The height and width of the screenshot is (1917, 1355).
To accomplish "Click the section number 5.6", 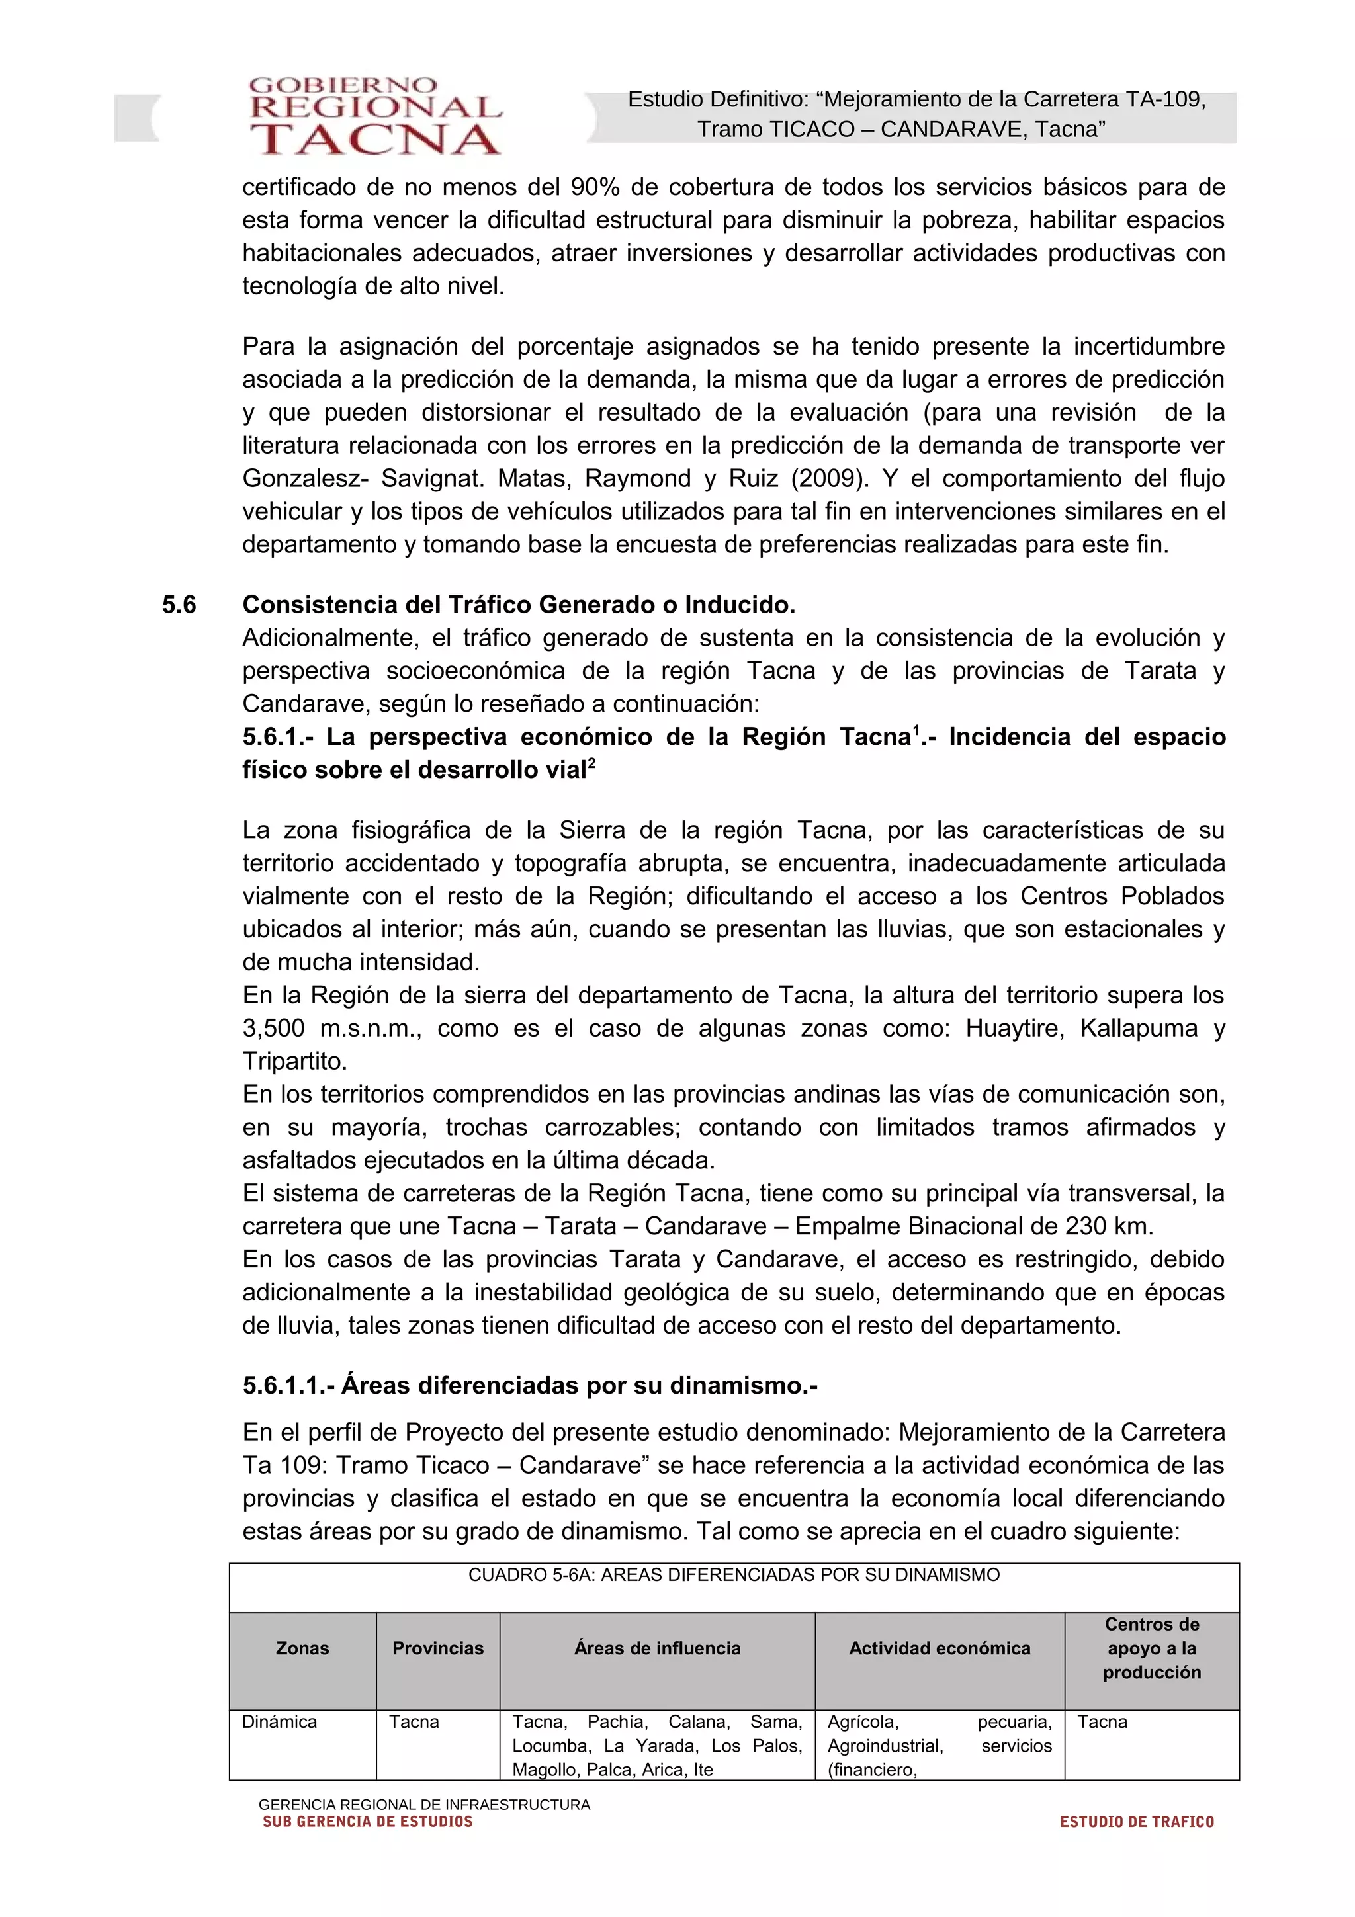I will tap(179, 605).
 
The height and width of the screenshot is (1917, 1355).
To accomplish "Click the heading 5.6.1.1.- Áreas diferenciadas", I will tap(530, 1386).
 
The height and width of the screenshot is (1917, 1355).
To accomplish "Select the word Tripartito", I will tap(294, 1061).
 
